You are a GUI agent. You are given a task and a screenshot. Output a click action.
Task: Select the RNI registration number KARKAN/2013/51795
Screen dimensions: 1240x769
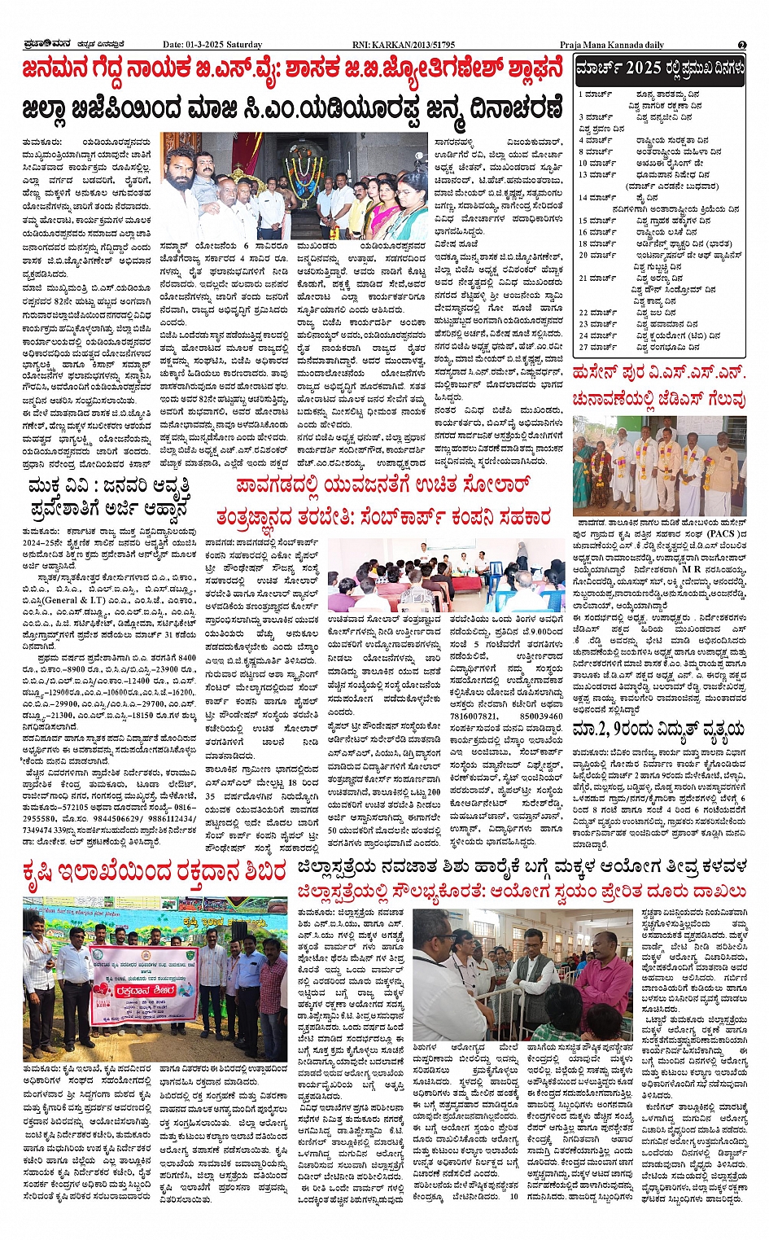416,45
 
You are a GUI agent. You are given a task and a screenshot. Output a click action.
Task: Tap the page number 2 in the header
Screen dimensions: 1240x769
742,45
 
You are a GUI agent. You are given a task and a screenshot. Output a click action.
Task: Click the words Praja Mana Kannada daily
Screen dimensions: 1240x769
611,45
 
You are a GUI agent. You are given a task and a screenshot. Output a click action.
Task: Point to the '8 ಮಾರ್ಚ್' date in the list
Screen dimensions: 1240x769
597,151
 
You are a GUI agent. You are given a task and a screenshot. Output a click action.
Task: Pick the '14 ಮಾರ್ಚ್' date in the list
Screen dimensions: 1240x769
597,197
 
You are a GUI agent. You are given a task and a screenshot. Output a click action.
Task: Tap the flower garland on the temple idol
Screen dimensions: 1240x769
308,169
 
